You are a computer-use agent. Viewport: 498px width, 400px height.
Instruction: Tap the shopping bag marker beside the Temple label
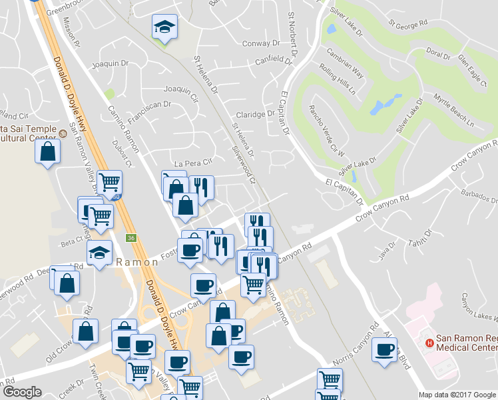pos(48,151)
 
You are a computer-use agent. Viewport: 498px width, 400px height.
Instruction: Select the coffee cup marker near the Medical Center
pos(384,349)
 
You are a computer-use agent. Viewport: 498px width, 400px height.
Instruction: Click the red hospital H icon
pos(429,343)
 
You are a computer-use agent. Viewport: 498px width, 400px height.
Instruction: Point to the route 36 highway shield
pos(131,237)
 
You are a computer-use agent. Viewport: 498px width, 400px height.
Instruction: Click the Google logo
pos(22,392)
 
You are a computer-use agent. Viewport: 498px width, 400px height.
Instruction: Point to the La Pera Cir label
pos(192,162)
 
